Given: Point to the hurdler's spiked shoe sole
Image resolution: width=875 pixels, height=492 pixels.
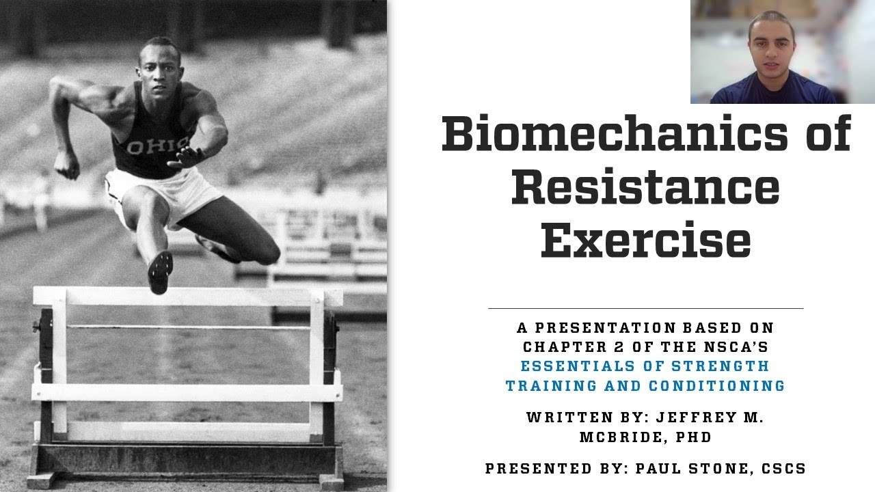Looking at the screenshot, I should tap(160, 271).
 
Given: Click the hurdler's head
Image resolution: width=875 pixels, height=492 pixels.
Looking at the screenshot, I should tap(159, 61).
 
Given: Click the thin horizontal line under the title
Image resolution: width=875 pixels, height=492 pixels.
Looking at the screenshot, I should tap(645, 309).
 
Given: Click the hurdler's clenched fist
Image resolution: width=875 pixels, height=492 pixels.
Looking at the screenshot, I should tap(66, 167).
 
